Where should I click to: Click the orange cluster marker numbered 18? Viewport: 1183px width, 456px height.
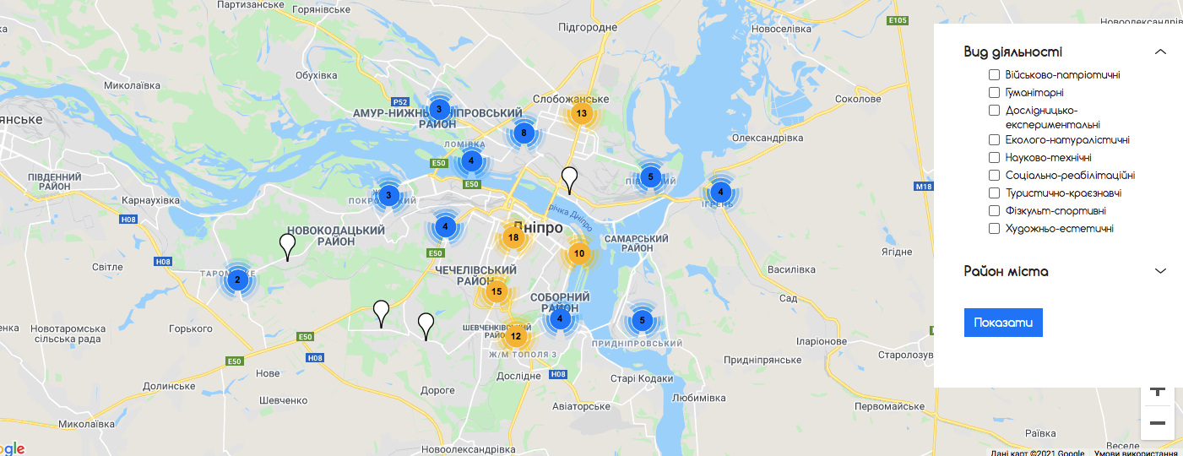click(x=513, y=237)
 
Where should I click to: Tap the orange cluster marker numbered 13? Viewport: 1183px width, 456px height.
click(x=581, y=113)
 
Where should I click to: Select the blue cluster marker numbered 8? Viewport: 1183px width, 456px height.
click(x=524, y=133)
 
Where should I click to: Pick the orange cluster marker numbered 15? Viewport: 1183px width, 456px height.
click(x=497, y=292)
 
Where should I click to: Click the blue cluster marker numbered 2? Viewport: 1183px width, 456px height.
click(x=237, y=280)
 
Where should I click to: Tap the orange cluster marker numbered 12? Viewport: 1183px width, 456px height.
click(x=516, y=337)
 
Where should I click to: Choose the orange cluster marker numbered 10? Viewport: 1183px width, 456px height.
click(x=579, y=253)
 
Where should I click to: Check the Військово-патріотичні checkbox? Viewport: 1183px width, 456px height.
click(x=994, y=75)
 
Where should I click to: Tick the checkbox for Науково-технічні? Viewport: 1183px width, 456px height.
click(x=994, y=158)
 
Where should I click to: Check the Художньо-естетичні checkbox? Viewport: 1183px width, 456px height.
click(x=994, y=229)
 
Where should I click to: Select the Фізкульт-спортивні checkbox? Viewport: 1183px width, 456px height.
click(x=994, y=211)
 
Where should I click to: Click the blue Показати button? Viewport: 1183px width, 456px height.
click(x=1003, y=323)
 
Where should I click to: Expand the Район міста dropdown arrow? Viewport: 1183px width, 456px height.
click(x=1160, y=271)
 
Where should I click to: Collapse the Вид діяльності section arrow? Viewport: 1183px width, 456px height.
click(x=1160, y=52)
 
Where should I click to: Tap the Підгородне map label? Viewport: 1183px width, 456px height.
click(x=588, y=27)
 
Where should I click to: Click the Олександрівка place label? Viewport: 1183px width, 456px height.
click(x=768, y=138)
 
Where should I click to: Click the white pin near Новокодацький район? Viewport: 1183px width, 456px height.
click(x=288, y=245)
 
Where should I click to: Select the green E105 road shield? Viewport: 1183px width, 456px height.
click(x=898, y=20)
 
